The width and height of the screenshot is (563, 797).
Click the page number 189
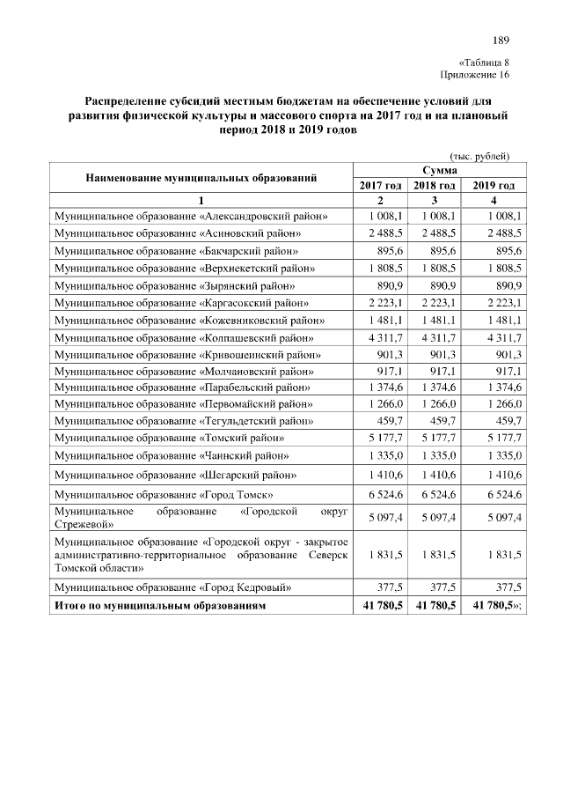click(x=501, y=40)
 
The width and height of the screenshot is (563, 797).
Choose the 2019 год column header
click(x=494, y=186)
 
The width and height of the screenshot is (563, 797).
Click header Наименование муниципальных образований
click(x=201, y=178)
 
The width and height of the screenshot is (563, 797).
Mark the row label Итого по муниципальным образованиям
click(x=159, y=606)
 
